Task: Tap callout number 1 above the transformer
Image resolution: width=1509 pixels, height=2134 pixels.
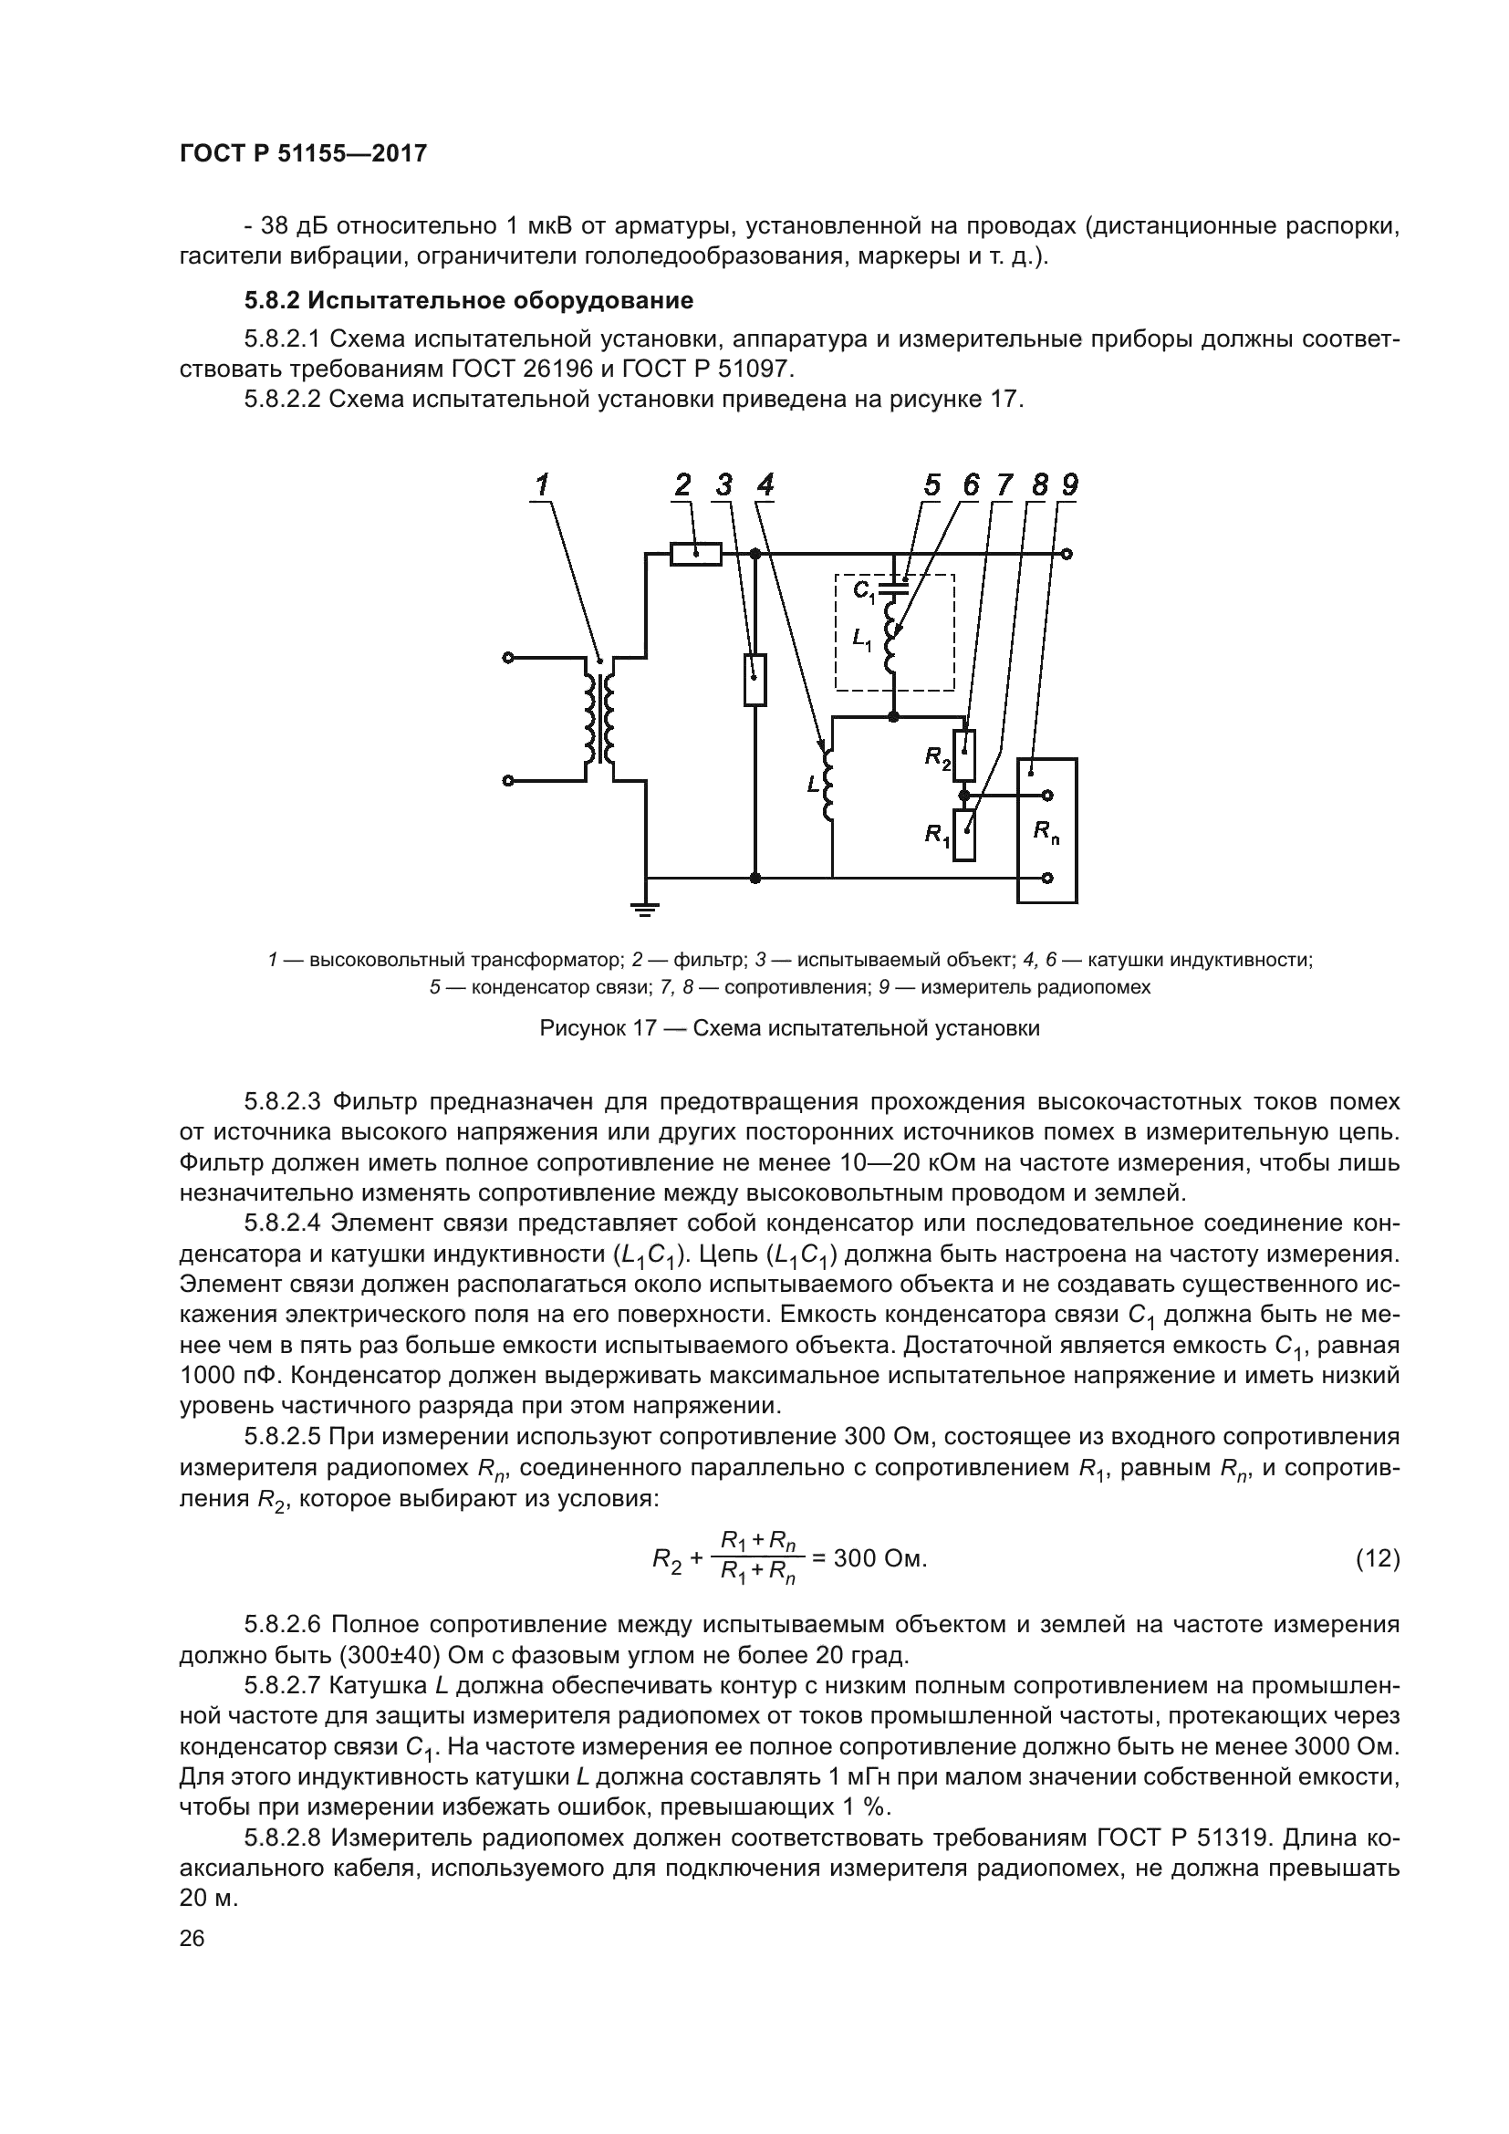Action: coord(542,485)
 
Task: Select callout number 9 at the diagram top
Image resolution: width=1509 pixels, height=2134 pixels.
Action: coord(1070,485)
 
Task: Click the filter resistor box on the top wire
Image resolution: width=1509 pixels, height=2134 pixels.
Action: coord(696,555)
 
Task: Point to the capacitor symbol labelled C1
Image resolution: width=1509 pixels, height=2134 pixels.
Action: coord(894,586)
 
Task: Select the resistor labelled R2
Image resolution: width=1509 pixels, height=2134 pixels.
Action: coord(964,755)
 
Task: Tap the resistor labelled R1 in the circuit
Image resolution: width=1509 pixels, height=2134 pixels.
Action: coord(964,835)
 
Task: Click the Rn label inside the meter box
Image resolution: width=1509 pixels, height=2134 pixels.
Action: coord(1047,834)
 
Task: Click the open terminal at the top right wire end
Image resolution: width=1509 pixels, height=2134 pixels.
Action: coord(1067,555)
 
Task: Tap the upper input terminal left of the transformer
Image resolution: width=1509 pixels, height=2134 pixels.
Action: coord(507,658)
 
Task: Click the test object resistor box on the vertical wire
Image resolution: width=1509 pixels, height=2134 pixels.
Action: coord(755,680)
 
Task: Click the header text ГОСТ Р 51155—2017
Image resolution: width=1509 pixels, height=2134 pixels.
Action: coord(303,154)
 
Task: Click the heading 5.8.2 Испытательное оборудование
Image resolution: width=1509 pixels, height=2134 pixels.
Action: coord(468,301)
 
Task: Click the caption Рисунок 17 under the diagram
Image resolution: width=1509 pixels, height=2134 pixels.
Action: coord(790,1029)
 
